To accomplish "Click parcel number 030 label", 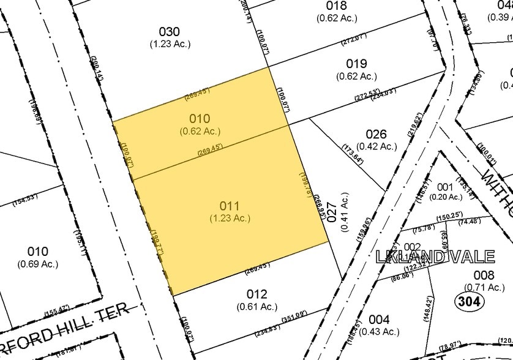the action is pos(170,32).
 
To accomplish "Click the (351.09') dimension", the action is pos(293,317).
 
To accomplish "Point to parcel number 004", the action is pos(379,320).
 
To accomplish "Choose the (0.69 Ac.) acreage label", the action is pos(37,264).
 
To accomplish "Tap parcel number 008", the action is pos(484,276).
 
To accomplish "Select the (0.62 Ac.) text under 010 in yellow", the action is pos(200,131).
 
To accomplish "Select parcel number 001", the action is pos(445,186).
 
